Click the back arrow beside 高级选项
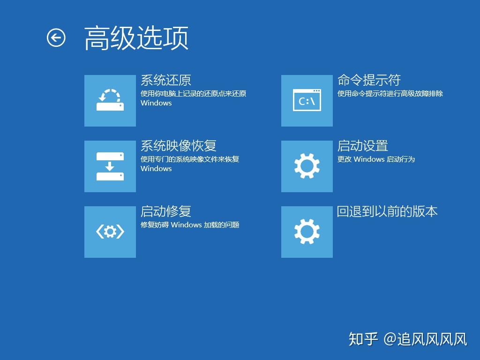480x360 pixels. click(x=56, y=38)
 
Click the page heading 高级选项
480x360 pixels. click(x=136, y=38)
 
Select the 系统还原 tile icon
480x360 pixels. click(x=110, y=100)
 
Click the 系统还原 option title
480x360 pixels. click(x=166, y=80)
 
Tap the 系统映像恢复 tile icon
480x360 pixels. click(x=110, y=166)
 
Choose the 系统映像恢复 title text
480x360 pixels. click(x=179, y=146)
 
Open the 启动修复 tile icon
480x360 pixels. click(x=110, y=232)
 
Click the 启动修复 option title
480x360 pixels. click(x=166, y=211)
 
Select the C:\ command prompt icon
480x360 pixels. click(x=307, y=100)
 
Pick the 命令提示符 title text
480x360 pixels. click(x=369, y=80)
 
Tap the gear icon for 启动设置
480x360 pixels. click(x=307, y=166)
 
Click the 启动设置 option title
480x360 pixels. click(x=363, y=146)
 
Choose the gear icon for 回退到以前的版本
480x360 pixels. click(x=307, y=232)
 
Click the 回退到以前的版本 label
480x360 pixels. click(x=387, y=211)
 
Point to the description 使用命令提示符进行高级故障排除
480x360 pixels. click(x=390, y=94)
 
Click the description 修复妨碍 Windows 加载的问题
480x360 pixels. click(x=190, y=225)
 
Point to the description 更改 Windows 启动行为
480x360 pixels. click(x=376, y=159)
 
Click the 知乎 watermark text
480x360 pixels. click(x=363, y=339)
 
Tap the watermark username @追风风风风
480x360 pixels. click(x=426, y=339)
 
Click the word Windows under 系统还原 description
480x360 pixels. click(x=156, y=103)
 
